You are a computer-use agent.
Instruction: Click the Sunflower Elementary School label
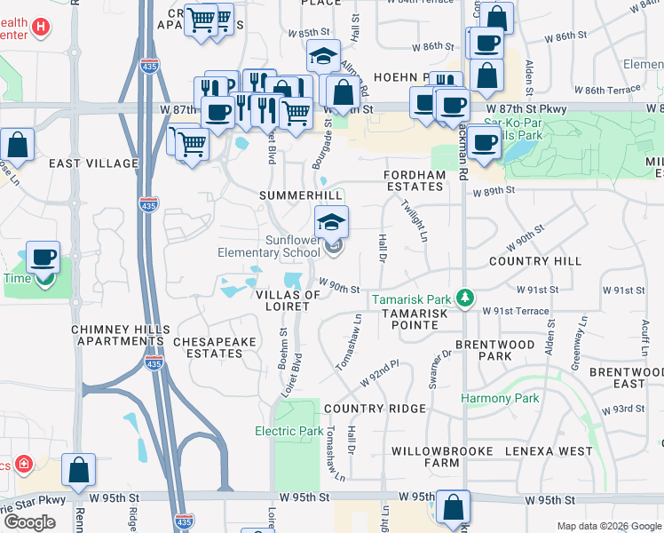click(x=268, y=246)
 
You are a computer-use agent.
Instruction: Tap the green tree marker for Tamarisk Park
click(x=462, y=298)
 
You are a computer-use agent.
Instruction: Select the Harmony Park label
click(x=500, y=399)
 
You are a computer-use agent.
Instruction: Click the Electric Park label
click(x=289, y=431)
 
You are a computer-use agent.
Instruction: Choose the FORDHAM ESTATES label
click(x=415, y=181)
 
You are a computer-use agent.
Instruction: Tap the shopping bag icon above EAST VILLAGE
click(x=17, y=144)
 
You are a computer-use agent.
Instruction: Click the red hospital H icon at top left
click(x=39, y=28)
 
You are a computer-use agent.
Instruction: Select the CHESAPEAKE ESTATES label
click(x=208, y=347)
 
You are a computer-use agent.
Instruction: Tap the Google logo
click(x=29, y=522)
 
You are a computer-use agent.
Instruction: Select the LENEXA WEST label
click(x=549, y=451)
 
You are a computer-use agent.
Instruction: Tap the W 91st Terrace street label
click(x=516, y=311)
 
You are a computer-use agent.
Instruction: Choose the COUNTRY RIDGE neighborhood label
click(x=375, y=409)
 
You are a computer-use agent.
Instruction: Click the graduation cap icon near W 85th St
click(x=324, y=55)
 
